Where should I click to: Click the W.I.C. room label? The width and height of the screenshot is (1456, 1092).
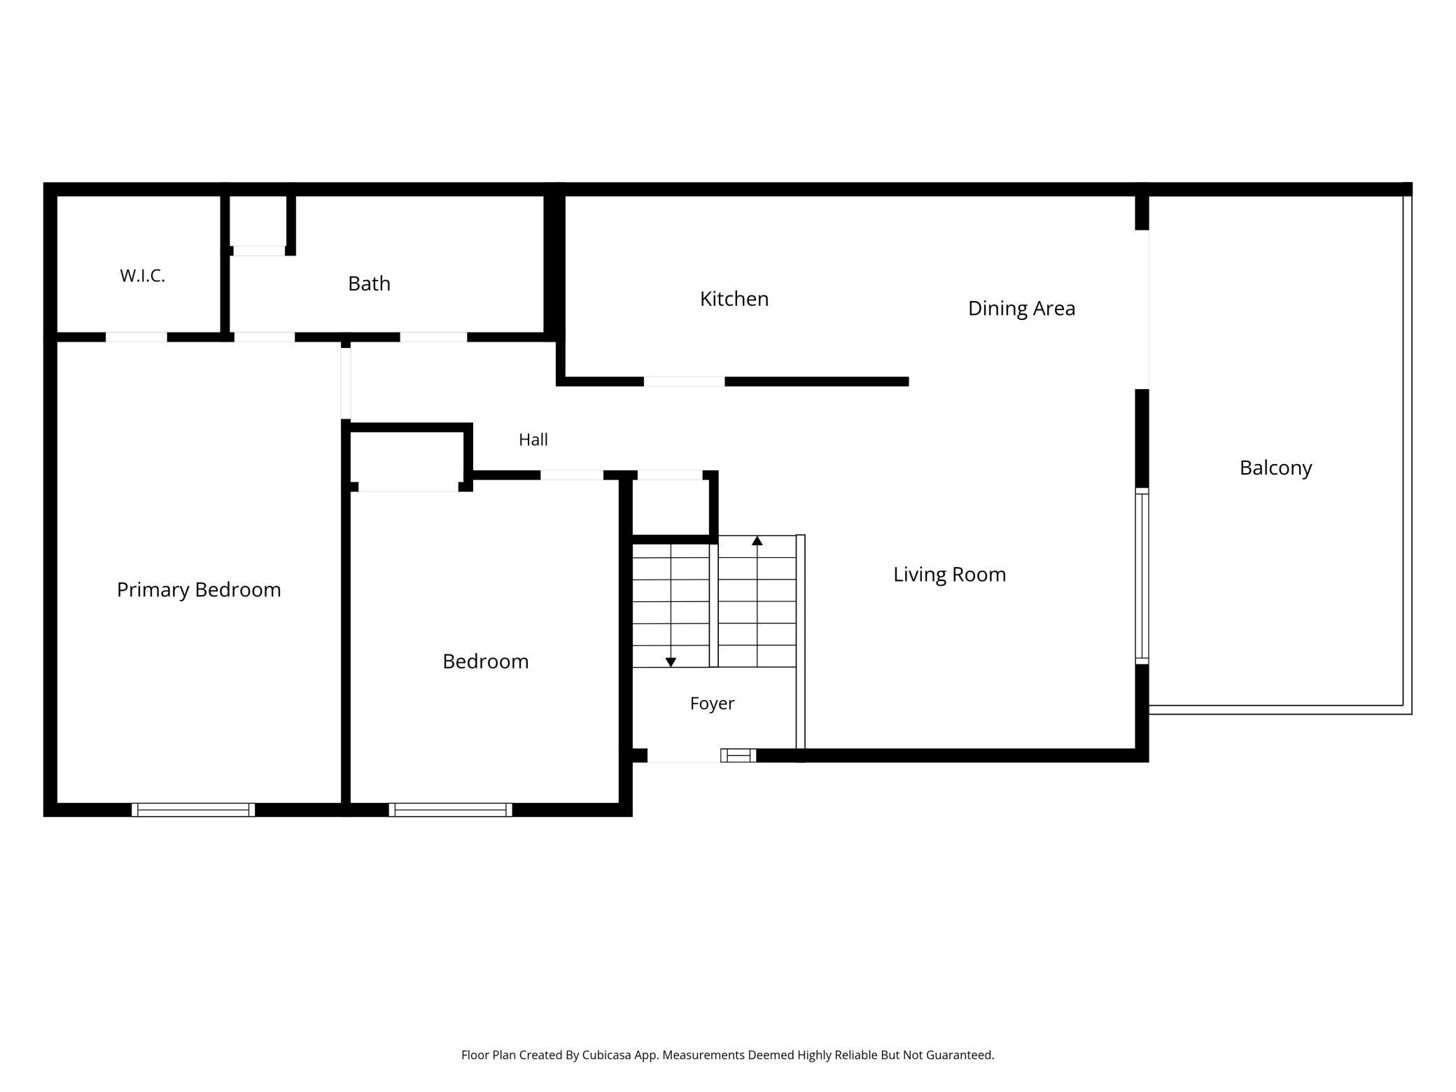point(142,276)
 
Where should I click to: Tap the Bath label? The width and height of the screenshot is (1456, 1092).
point(369,283)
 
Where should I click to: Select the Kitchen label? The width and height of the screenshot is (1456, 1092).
point(734,299)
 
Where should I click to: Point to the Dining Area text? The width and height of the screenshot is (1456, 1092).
point(1021,309)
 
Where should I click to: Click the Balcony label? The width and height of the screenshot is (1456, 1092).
point(1275,468)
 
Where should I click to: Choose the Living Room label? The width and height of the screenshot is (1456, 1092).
point(949,575)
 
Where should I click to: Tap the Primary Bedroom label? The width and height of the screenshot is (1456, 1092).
point(199,590)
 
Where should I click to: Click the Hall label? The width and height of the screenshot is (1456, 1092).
point(533,440)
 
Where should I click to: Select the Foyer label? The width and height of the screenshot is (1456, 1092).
point(712,703)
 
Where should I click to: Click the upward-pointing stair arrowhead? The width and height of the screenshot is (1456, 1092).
point(757,540)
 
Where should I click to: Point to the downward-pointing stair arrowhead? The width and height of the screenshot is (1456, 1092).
point(671,662)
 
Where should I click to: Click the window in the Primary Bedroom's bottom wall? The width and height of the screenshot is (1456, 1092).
point(193,810)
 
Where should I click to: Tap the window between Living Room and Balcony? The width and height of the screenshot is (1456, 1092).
point(1142,576)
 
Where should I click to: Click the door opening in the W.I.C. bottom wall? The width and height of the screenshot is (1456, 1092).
point(136,337)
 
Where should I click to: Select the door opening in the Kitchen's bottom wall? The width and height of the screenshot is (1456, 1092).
point(684,381)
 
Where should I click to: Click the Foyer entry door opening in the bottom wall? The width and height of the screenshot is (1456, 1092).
point(684,755)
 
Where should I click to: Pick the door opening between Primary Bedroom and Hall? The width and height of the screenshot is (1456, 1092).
point(346,384)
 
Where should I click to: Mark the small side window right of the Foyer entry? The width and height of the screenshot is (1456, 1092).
point(738,755)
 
